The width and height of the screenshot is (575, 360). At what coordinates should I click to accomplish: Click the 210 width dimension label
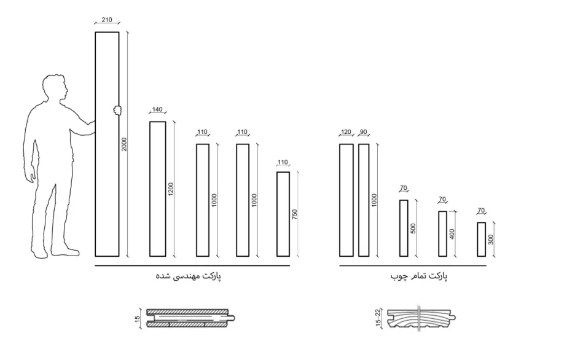point(107,20)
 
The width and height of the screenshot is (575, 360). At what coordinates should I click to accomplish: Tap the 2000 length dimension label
point(124,144)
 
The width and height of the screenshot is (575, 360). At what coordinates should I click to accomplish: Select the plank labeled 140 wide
point(158,189)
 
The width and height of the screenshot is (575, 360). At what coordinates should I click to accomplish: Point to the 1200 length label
point(171,189)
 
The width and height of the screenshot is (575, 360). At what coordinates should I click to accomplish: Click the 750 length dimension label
point(294,214)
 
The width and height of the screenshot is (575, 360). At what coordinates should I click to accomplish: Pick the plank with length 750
point(283,214)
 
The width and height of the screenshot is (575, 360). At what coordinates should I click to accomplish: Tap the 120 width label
point(346,132)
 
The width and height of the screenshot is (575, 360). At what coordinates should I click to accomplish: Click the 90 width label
point(364,132)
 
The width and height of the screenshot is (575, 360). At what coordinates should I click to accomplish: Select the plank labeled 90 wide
point(364,200)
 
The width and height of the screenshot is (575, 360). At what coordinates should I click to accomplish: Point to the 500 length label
point(413,229)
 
